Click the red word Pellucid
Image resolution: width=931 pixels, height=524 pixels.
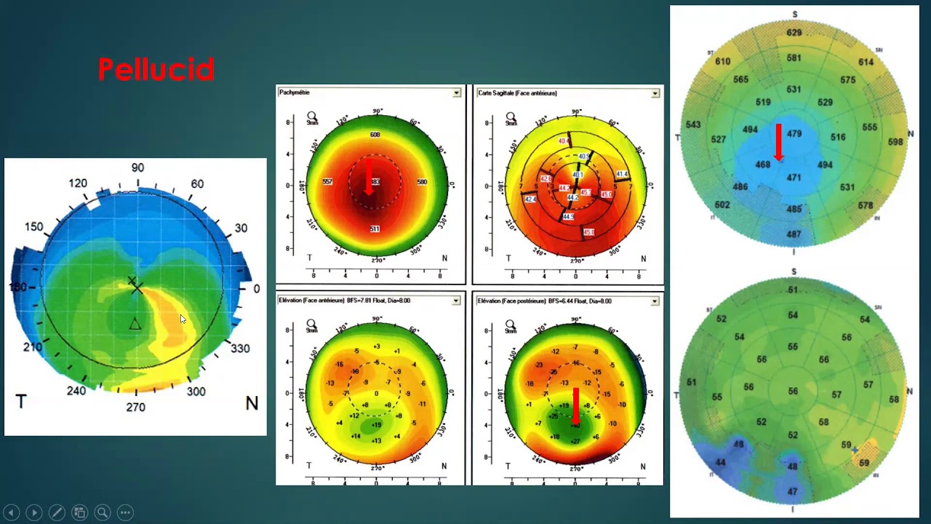pyautogui.click(x=156, y=70)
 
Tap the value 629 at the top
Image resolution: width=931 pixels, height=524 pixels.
pyautogui.click(x=794, y=33)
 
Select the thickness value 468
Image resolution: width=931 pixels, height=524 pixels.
pyautogui.click(x=762, y=165)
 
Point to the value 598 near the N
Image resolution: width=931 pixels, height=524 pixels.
pyautogui.click(x=895, y=143)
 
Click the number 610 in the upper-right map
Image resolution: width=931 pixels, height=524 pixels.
pyautogui.click(x=722, y=62)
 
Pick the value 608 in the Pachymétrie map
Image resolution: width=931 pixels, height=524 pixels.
pyautogui.click(x=375, y=135)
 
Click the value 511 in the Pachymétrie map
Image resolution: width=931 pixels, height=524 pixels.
pyautogui.click(x=375, y=229)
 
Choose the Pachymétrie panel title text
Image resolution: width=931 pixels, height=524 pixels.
pyautogui.click(x=295, y=93)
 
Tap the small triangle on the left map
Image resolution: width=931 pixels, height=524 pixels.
pyautogui.click(x=135, y=325)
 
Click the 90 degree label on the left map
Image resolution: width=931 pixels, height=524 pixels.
pyautogui.click(x=137, y=168)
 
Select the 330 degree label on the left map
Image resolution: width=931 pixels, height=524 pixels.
pyautogui.click(x=240, y=349)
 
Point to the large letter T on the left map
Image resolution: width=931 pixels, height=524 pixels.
pyautogui.click(x=21, y=402)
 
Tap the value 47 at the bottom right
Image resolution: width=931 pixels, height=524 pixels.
pyautogui.click(x=792, y=492)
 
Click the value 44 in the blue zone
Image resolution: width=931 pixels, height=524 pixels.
pyautogui.click(x=720, y=463)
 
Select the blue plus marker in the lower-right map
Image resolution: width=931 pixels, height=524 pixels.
pyautogui.click(x=855, y=450)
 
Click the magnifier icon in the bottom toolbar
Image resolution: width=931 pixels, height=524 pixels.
pyautogui.click(x=102, y=512)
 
